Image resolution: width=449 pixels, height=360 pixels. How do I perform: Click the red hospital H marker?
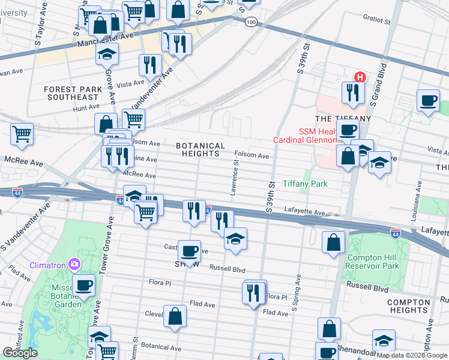(x=360, y=77)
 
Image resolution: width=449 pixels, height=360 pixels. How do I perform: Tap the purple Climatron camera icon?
(x=74, y=263)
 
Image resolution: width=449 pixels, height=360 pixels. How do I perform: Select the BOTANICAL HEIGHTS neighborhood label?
(x=200, y=150)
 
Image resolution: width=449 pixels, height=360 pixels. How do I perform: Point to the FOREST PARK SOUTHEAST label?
(x=71, y=93)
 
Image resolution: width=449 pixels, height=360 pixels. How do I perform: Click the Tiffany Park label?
(x=305, y=184)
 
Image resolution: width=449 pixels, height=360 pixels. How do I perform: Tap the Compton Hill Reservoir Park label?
(x=373, y=262)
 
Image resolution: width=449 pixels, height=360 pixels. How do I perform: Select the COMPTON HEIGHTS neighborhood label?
(x=408, y=306)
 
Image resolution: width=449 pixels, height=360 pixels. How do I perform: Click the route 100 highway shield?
(x=252, y=22)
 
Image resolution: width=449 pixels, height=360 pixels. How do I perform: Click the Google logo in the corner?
(x=20, y=353)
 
